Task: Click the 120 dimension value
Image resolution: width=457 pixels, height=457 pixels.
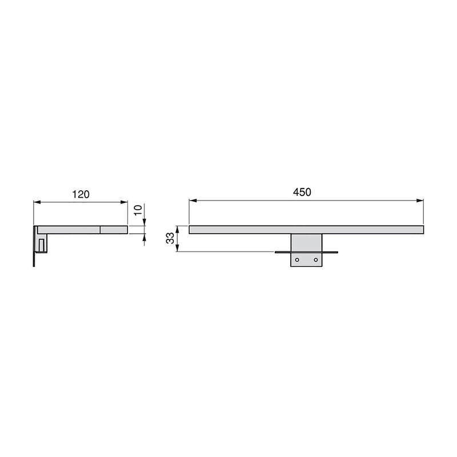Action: (81, 194)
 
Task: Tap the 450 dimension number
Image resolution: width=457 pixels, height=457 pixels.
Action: (302, 193)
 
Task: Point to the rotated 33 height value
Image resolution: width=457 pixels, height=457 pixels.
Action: (170, 239)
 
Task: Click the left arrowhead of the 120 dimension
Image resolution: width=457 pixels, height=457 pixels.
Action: (37, 202)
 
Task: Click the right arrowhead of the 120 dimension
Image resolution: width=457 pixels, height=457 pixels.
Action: (125, 202)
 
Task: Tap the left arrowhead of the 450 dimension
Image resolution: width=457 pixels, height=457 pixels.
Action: (193, 201)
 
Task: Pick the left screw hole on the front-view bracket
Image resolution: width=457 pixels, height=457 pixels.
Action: (296, 260)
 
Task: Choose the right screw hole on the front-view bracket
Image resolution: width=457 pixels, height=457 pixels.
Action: (315, 260)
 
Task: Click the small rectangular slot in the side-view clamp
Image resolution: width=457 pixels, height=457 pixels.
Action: (42, 244)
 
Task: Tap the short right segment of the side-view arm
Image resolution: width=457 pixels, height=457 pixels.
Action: (114, 230)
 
